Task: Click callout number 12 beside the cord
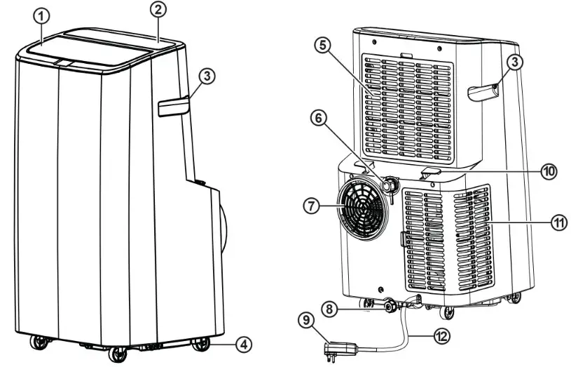[440, 337]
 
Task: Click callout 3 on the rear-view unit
[515, 62]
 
